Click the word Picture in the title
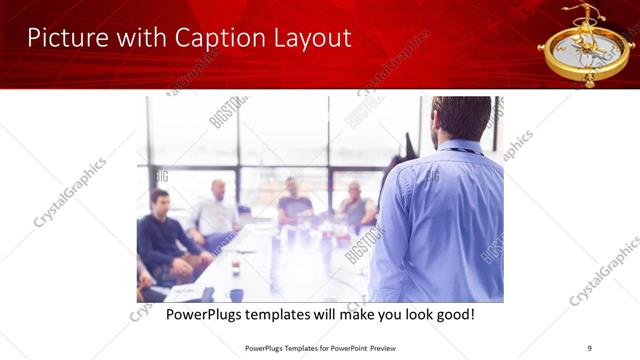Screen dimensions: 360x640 62,38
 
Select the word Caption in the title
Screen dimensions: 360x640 202,38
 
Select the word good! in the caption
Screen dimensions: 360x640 451,315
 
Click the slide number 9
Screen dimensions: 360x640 589,347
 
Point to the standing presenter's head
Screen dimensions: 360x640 461,118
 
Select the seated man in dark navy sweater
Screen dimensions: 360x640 166,236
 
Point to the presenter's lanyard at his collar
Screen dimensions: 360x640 459,150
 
